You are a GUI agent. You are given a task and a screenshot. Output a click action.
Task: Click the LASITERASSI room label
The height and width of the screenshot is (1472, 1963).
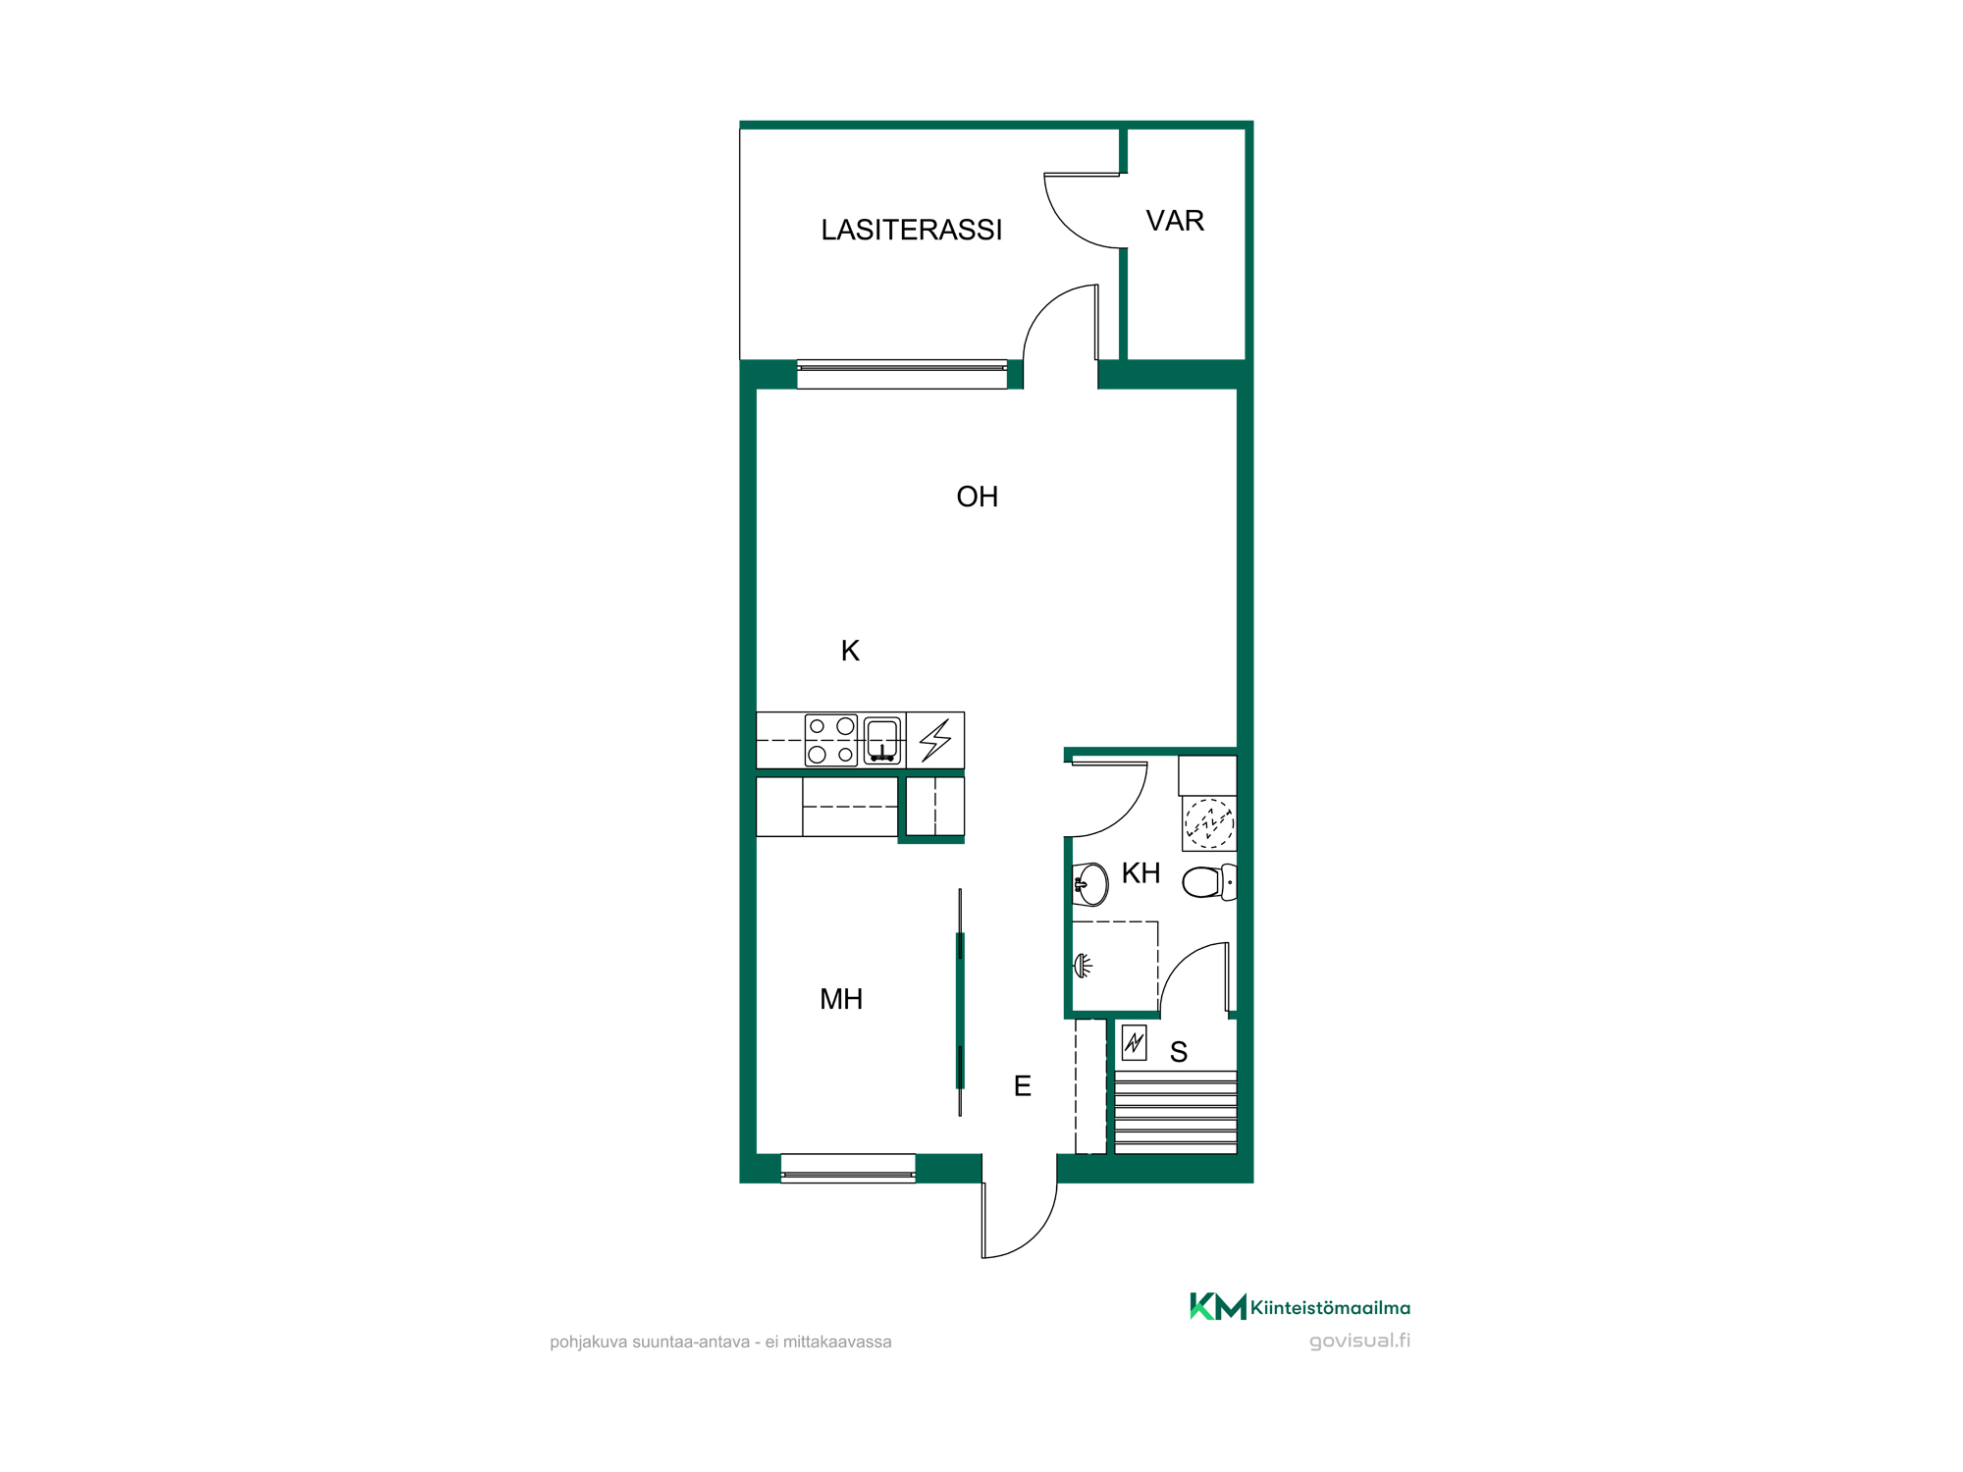[912, 230]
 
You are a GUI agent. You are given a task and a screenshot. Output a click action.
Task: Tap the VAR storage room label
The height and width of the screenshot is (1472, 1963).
[1175, 221]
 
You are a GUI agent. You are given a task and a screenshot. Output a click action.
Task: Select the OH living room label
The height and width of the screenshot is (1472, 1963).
[977, 497]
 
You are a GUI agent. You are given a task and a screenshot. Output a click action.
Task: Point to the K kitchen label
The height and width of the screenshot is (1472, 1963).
[850, 651]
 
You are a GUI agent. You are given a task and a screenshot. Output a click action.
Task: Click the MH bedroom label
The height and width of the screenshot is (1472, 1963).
[841, 999]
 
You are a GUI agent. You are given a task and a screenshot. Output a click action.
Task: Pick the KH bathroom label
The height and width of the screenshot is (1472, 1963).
[1141, 873]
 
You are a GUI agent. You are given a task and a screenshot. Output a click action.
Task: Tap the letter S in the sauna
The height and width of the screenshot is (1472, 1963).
[1179, 1052]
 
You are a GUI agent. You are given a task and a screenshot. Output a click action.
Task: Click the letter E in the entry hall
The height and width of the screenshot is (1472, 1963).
[1022, 1086]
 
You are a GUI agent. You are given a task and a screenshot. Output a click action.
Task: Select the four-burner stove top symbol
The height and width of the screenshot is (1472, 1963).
[831, 740]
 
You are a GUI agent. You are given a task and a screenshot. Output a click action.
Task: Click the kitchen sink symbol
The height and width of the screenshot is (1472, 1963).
[882, 740]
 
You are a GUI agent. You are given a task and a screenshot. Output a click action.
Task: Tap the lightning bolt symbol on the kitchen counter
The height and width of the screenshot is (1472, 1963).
[935, 741]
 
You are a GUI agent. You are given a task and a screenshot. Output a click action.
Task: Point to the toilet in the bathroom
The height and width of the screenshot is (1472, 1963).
[1209, 882]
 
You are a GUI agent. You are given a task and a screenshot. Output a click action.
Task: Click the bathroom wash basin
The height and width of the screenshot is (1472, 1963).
[1089, 884]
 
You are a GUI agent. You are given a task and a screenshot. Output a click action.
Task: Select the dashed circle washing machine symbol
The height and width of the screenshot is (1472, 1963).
[1209, 822]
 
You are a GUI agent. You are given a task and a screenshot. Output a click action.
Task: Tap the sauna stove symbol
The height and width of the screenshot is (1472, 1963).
[1134, 1042]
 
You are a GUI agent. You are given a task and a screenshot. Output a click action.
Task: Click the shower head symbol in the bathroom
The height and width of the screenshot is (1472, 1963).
[1083, 966]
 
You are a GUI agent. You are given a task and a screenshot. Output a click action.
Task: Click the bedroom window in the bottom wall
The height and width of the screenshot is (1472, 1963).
[848, 1168]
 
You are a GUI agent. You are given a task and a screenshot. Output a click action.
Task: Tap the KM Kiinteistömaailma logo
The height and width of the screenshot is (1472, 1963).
[1300, 1307]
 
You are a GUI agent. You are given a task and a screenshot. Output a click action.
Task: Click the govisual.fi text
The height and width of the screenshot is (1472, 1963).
[1359, 1341]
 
